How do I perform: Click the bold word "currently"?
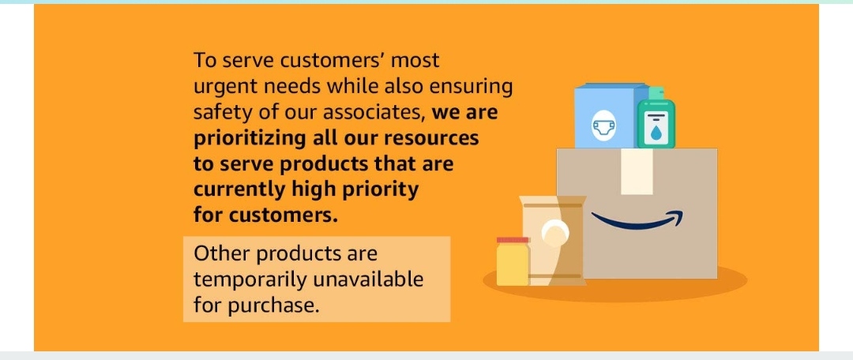click(x=239, y=190)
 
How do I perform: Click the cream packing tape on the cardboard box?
click(x=637, y=171)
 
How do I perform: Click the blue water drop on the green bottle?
click(x=656, y=130)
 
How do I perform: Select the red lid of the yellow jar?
click(x=513, y=240)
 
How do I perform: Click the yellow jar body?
click(x=513, y=264)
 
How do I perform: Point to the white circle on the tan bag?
click(x=555, y=231)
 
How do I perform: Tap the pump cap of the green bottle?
click(x=656, y=93)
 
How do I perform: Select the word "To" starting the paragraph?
click(x=205, y=60)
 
